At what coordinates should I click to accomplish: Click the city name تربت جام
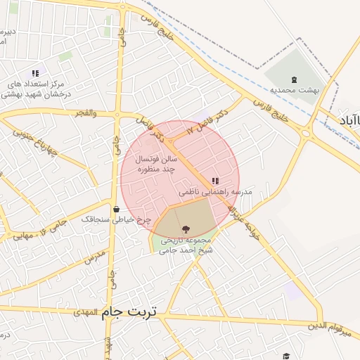pyautogui.click(x=132, y=310)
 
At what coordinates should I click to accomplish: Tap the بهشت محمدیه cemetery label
pyautogui.click(x=295, y=90)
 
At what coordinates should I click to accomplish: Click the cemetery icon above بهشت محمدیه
pyautogui.click(x=294, y=79)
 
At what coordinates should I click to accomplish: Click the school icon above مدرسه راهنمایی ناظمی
pyautogui.click(x=214, y=181)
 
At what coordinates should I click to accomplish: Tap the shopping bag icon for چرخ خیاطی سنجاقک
pyautogui.click(x=115, y=209)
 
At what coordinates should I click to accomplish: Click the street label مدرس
pyautogui.click(x=94, y=258)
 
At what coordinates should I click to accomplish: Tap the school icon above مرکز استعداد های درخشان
pyautogui.click(x=35, y=73)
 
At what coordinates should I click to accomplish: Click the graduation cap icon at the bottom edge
pyautogui.click(x=285, y=356)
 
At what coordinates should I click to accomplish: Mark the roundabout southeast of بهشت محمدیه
pyautogui.click(x=306, y=132)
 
